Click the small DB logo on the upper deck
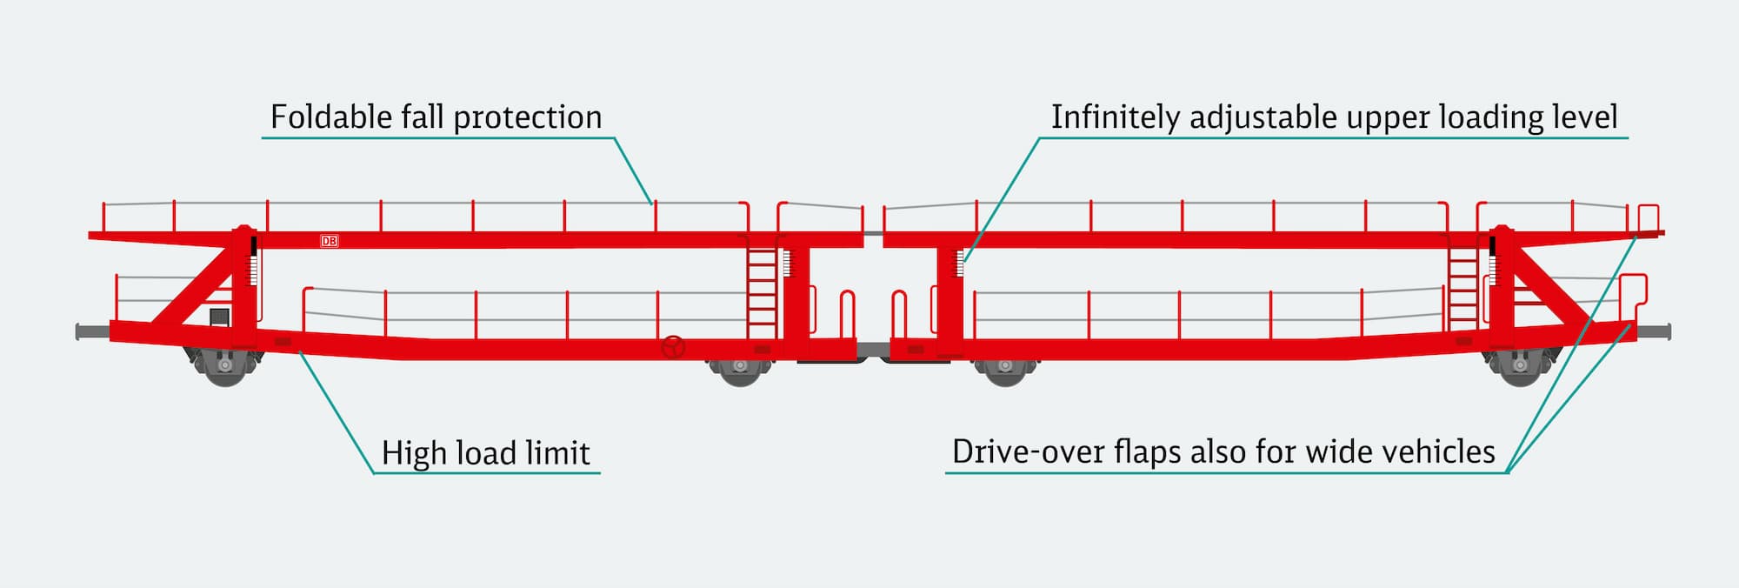tap(330, 241)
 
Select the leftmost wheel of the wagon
tap(224, 368)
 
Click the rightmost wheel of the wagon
tap(1520, 368)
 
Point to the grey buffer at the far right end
tap(1654, 331)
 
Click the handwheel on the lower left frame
tap(673, 348)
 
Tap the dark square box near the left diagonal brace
tap(219, 317)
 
